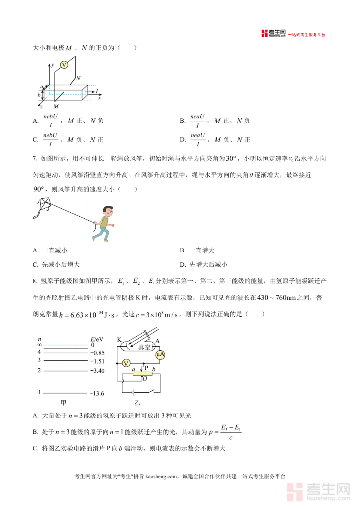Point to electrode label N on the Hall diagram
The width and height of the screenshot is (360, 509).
click(78, 78)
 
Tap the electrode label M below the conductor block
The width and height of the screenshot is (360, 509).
click(56, 106)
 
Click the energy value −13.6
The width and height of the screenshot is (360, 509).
click(97, 393)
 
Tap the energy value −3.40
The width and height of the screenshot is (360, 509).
click(97, 371)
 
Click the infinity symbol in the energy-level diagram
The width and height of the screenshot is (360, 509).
click(40, 345)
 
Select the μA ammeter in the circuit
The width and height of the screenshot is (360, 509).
click(160, 355)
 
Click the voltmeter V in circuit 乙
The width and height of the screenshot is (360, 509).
click(126, 363)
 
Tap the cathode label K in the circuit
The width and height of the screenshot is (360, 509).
click(119, 340)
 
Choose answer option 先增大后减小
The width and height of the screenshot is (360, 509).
click(208, 264)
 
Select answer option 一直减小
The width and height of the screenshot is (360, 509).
click(54, 250)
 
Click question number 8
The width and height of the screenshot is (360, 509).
click(35, 281)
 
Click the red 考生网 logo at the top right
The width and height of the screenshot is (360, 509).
click(274, 34)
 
